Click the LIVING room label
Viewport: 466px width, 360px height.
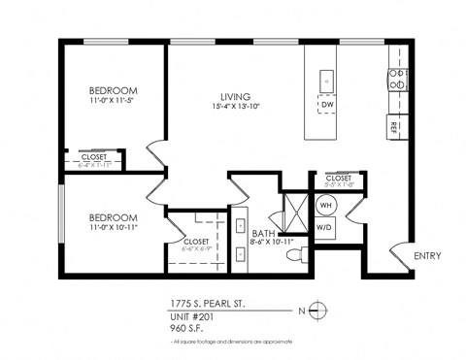235,96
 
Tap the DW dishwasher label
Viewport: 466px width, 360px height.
327,104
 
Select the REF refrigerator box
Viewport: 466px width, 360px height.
394,126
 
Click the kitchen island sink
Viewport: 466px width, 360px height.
327,81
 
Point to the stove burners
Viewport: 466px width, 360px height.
395,79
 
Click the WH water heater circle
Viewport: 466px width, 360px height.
327,205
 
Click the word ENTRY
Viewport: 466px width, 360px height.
427,256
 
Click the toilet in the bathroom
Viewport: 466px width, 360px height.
304,254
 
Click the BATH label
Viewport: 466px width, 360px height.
263,234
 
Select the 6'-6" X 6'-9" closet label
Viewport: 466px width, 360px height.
196,248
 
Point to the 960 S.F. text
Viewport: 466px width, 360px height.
189,328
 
